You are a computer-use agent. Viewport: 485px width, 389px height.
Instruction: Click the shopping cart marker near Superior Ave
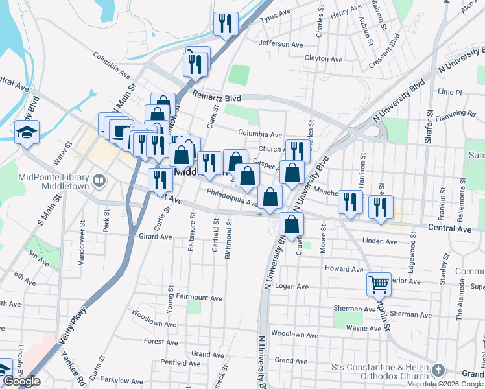[379, 283]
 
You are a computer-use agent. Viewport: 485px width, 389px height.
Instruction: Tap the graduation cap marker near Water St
[27, 133]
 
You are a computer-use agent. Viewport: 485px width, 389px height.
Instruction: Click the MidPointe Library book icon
[99, 180]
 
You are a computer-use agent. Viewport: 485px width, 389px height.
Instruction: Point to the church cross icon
[438, 371]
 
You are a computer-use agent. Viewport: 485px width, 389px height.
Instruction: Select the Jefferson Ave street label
[281, 45]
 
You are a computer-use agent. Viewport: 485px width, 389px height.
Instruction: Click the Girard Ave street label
[156, 237]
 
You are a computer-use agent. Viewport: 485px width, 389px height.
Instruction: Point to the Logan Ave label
[292, 286]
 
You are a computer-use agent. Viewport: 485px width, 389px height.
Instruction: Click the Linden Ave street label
[380, 241]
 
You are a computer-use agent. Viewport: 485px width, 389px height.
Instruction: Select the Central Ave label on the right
[450, 229]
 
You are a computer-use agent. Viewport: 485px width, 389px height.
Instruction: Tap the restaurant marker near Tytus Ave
[226, 25]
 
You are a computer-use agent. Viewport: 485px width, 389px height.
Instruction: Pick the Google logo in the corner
[21, 381]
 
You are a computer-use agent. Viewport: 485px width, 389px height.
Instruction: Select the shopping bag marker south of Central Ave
[292, 224]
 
